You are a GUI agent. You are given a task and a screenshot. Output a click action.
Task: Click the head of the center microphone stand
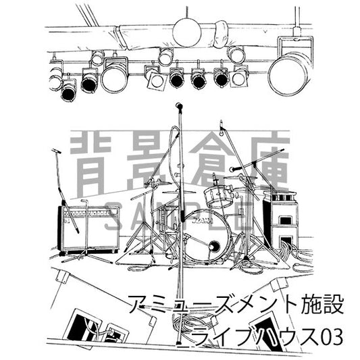point(179,107)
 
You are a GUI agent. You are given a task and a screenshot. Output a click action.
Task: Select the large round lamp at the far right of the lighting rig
point(289,72)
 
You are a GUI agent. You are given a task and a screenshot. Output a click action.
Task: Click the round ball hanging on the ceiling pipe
point(186,32)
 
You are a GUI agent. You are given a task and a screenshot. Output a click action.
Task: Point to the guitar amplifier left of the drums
point(88,228)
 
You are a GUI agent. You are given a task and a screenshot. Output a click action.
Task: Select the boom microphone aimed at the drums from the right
point(234,169)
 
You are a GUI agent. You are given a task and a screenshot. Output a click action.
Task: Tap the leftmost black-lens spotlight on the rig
point(69,91)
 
